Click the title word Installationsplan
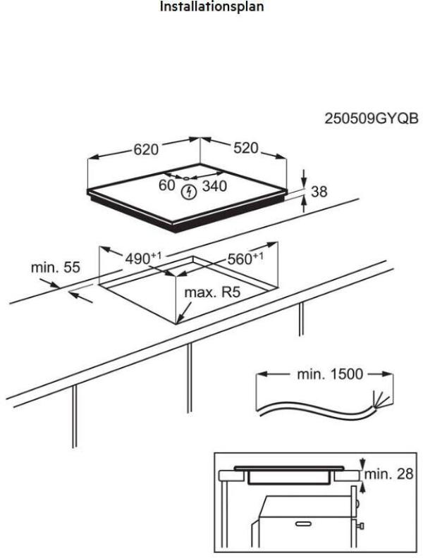coord(212,9)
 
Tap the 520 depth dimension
coord(246,149)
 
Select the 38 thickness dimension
coord(320,192)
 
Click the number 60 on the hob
coord(166,186)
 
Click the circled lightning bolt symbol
coord(188,190)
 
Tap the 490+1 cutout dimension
coord(140,258)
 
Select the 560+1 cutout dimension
coord(243,259)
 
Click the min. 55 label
coord(56,268)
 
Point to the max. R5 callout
coord(208,292)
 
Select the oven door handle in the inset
coord(301,525)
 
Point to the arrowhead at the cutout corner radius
coord(180,321)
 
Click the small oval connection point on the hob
coord(178,178)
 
